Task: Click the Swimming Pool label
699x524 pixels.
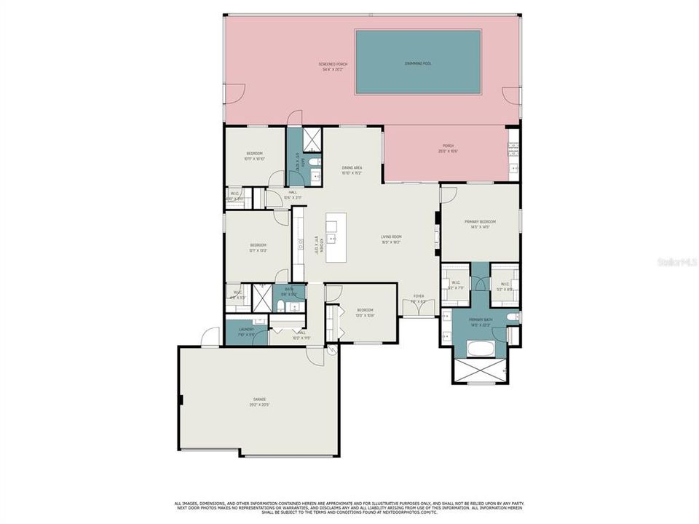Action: (418, 64)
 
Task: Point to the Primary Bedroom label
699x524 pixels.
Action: (480, 223)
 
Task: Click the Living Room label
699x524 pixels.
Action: (392, 239)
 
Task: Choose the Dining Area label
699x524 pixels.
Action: (352, 170)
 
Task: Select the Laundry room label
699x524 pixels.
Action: (246, 331)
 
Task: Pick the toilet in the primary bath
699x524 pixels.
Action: (512, 317)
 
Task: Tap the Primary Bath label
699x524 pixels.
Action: (480, 322)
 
